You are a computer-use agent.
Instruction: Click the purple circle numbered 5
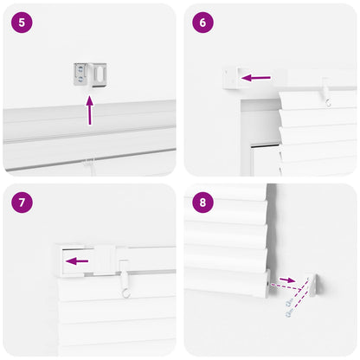(x=22, y=22)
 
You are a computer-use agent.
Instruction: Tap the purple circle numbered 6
(x=202, y=22)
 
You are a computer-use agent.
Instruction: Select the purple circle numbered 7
(x=22, y=202)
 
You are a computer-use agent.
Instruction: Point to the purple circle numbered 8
(x=202, y=202)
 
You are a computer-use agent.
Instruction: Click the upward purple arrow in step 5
(x=89, y=110)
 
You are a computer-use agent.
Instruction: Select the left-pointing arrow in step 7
(x=78, y=260)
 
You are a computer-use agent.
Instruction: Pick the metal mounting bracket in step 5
(x=89, y=74)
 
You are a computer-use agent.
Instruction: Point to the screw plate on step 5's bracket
(x=81, y=75)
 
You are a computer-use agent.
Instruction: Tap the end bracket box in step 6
(x=230, y=77)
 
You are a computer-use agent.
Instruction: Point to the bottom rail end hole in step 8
(x=265, y=282)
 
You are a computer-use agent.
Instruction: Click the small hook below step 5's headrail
(x=89, y=162)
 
